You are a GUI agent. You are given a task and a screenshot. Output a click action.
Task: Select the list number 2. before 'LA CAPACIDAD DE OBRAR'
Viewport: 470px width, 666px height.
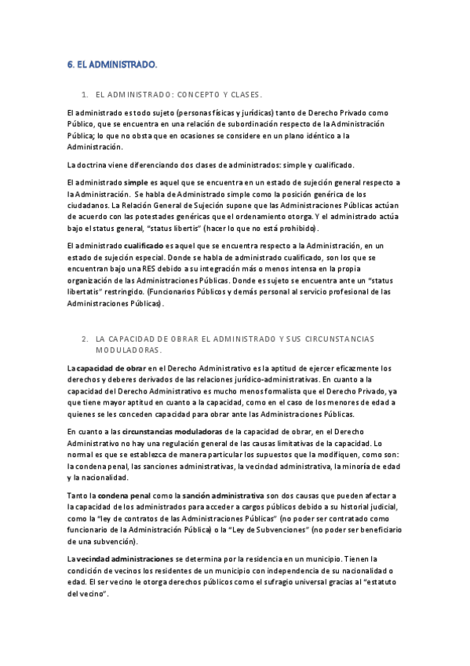[x=84, y=338]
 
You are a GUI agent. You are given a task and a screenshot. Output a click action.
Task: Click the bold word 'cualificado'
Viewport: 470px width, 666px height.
[x=144, y=246]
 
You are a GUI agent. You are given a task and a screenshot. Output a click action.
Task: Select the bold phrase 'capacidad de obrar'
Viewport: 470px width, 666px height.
[x=110, y=368]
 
